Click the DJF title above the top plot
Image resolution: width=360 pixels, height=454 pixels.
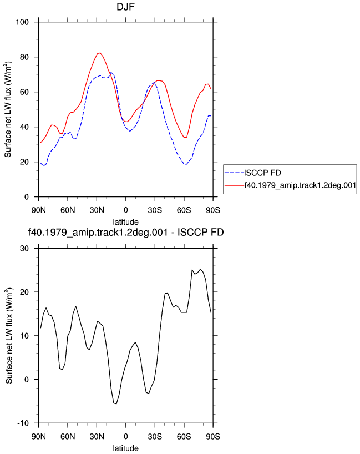(125, 7)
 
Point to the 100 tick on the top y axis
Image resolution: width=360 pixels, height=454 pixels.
(22, 22)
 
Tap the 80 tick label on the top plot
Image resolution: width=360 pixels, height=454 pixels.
(24, 57)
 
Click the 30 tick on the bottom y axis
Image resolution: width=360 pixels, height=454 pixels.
(24, 249)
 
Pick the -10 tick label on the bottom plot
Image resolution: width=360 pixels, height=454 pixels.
(23, 423)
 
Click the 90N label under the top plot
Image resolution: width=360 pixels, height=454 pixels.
(38, 210)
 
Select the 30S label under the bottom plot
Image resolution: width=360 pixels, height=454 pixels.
(155, 436)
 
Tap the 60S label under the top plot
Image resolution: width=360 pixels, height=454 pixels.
(184, 210)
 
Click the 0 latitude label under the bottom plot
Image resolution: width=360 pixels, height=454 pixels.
(125, 436)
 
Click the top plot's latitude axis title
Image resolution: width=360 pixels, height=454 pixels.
(125, 222)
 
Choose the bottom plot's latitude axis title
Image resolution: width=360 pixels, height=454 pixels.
(125, 448)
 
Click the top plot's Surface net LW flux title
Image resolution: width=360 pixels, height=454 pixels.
(8, 109)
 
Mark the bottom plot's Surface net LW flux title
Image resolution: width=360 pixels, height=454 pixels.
(9, 336)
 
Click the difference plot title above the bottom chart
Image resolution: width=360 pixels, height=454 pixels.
(125, 233)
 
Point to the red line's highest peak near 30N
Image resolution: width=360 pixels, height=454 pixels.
(99, 53)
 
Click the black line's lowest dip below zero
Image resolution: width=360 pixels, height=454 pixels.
(116, 403)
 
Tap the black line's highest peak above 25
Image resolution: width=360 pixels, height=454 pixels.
(200, 269)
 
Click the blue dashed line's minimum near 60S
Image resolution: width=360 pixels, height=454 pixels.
(185, 164)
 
